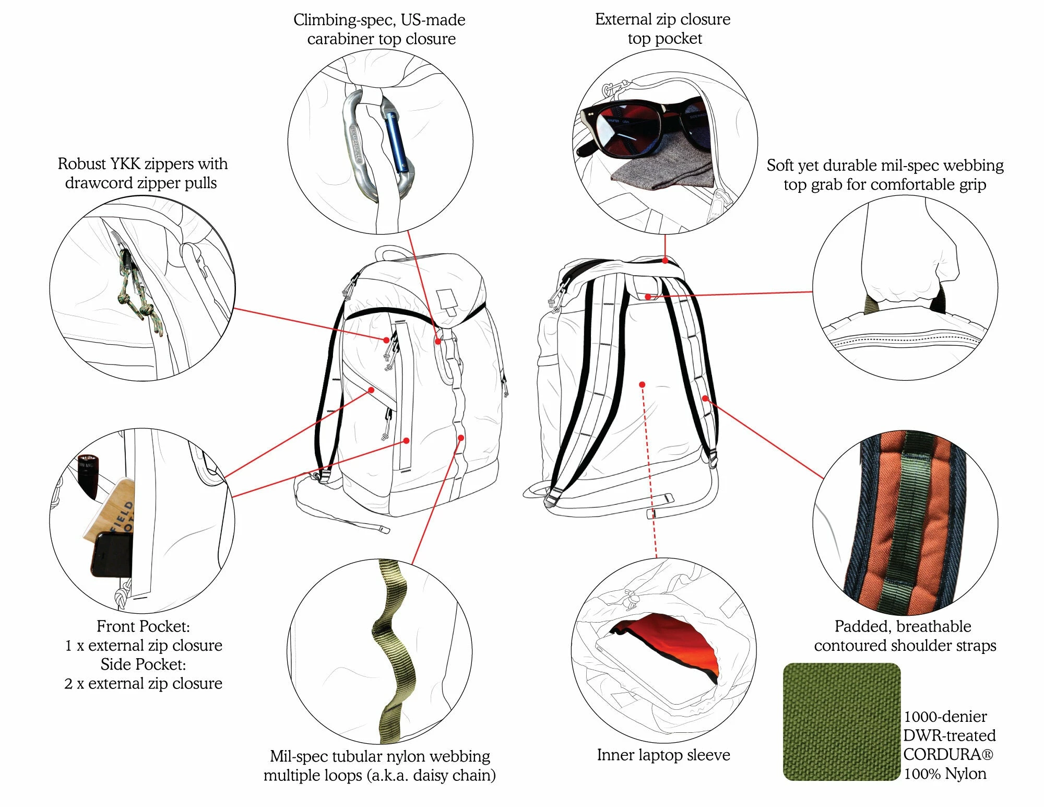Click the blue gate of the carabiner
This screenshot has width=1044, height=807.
(x=396, y=141)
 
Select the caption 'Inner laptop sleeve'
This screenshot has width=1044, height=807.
(x=663, y=755)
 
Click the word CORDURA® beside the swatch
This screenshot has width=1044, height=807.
(x=948, y=755)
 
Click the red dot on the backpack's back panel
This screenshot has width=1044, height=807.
(x=642, y=385)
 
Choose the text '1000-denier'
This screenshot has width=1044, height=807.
(x=945, y=717)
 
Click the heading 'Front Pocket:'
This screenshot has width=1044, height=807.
(x=143, y=626)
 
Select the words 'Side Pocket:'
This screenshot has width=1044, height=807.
(x=143, y=664)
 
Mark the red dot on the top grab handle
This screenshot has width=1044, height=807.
(x=648, y=297)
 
